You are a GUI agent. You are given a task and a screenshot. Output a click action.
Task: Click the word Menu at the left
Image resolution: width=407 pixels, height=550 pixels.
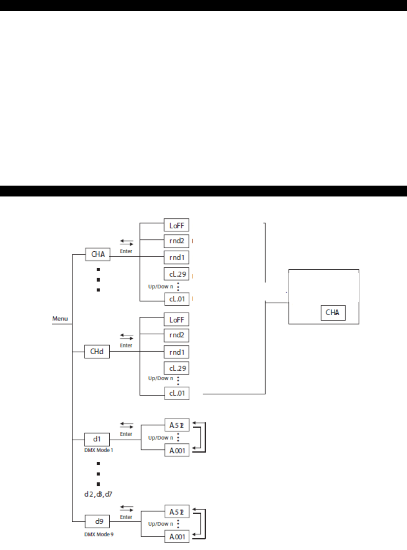click(60, 319)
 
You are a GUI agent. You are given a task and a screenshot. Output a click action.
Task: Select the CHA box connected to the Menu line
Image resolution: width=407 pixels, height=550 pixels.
click(98, 254)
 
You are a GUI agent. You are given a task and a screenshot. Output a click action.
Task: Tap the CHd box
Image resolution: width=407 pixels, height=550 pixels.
click(97, 352)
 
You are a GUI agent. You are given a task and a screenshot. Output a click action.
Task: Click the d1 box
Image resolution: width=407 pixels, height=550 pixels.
click(97, 439)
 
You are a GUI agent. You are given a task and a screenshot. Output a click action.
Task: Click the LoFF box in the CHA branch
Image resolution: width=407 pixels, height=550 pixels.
click(177, 225)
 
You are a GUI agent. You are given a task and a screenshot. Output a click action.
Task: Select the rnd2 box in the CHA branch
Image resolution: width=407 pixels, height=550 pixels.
click(177, 241)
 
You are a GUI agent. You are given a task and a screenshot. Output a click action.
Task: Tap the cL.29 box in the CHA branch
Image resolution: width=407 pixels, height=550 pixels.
click(177, 274)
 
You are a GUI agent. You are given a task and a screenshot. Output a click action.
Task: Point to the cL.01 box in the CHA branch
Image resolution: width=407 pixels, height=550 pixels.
click(177, 299)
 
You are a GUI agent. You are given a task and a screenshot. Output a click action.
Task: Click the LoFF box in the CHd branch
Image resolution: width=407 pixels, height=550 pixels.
click(177, 320)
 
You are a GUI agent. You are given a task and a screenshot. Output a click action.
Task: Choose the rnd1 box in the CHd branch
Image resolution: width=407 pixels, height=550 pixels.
click(177, 352)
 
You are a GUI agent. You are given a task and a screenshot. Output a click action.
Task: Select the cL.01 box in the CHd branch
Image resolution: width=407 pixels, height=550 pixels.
click(177, 393)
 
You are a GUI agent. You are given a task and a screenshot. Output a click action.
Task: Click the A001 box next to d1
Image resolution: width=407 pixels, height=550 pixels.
click(177, 450)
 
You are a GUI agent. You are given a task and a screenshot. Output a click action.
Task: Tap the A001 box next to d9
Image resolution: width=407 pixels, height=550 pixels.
click(177, 537)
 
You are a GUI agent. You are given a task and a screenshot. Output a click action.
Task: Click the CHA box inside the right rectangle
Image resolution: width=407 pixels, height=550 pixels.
click(333, 313)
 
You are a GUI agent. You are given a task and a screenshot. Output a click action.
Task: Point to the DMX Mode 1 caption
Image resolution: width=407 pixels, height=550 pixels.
click(98, 450)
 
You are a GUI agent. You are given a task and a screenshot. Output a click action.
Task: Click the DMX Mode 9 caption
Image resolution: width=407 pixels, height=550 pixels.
click(99, 534)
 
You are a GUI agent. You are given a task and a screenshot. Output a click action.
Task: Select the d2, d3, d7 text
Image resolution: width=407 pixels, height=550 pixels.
click(98, 494)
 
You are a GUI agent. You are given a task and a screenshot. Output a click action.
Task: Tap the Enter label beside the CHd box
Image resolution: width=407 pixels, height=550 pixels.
click(126, 346)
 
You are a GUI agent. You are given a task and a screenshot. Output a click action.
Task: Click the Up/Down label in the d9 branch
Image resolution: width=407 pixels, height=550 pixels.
click(160, 524)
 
